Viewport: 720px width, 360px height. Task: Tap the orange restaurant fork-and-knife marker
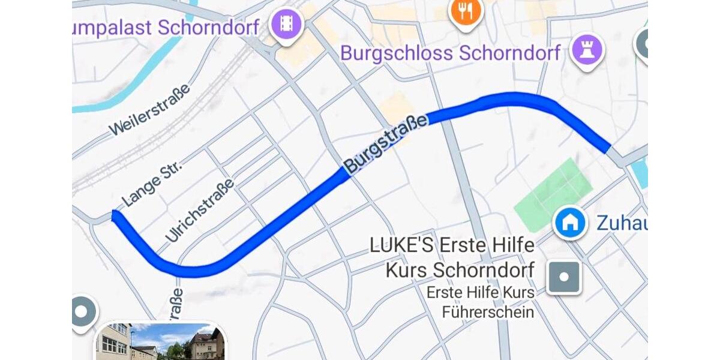click(466, 10)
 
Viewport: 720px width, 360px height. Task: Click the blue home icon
click(569, 223)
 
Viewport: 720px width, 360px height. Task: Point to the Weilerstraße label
click(150, 109)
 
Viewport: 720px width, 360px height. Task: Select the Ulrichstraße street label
click(199, 210)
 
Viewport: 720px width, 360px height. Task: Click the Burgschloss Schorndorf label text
click(450, 53)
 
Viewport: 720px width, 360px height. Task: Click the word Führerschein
click(488, 312)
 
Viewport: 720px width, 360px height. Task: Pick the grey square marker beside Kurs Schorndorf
click(564, 277)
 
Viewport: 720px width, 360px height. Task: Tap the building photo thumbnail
click(161, 342)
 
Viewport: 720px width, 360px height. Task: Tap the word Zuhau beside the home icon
click(622, 223)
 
